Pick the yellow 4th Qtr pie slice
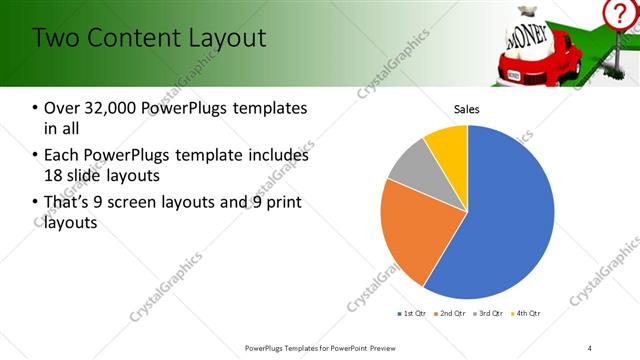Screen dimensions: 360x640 tap(448, 145)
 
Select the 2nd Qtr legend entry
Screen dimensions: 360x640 tap(450, 314)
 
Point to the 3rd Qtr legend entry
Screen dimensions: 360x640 tap(489, 314)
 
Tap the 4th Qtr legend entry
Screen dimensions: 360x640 tap(527, 314)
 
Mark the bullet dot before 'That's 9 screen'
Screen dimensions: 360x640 tap(36, 204)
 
